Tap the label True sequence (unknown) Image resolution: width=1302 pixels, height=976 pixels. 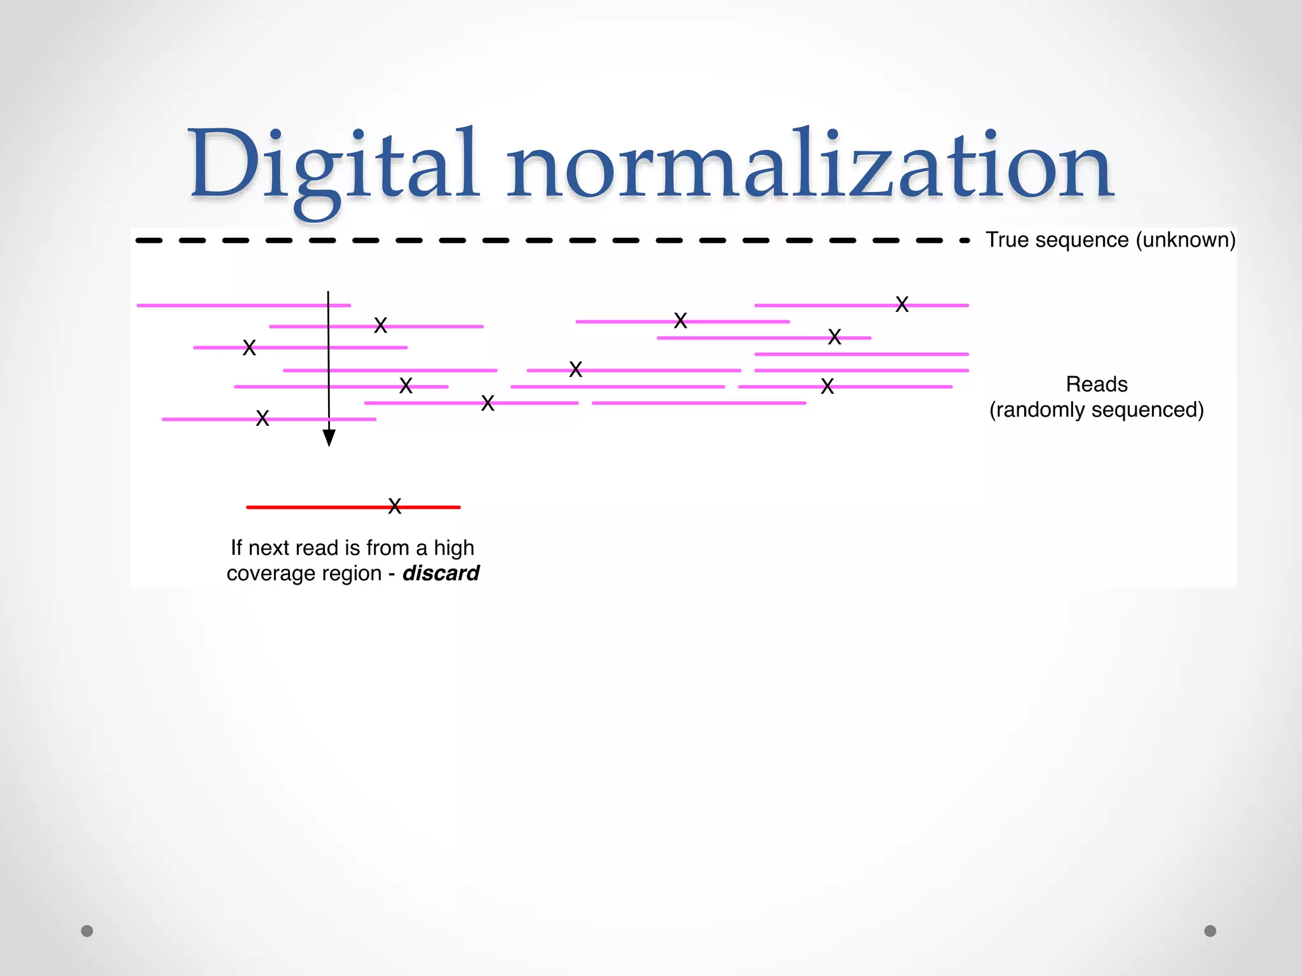[x=1110, y=240]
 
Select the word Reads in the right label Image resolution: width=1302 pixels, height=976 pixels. [x=1097, y=384]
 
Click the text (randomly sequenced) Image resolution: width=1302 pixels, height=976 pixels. [x=1097, y=410]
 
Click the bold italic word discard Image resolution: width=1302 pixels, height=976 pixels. [x=441, y=573]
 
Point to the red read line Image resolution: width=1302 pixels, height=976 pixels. [x=305, y=507]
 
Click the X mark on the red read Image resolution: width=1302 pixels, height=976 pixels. [x=395, y=506]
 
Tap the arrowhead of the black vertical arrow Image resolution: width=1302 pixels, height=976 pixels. [x=329, y=438]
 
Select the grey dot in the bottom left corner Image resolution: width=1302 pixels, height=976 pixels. [x=87, y=931]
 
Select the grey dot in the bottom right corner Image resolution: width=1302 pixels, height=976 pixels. [x=1210, y=931]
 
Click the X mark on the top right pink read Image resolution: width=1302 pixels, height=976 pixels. [x=901, y=304]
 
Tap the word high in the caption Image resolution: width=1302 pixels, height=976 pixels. [x=454, y=548]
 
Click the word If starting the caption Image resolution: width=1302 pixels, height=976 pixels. [x=236, y=548]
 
